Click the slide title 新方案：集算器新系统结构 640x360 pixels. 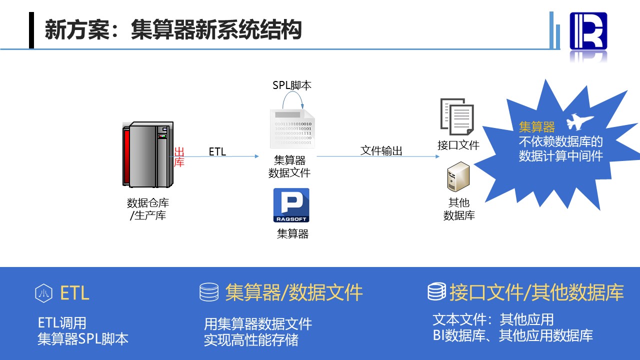173,30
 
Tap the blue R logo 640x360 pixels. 588,31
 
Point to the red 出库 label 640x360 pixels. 179,157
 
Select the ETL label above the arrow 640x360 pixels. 217,151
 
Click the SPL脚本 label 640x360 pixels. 292,85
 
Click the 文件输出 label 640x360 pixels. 381,150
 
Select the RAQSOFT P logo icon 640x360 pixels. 291,205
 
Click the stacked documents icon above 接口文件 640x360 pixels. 457,117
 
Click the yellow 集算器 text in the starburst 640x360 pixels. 537,126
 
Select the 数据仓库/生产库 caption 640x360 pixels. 147,209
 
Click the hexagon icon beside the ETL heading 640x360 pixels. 43,293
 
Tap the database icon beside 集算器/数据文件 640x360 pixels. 209,292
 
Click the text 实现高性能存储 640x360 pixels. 251,340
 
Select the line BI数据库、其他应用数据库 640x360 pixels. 512,335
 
